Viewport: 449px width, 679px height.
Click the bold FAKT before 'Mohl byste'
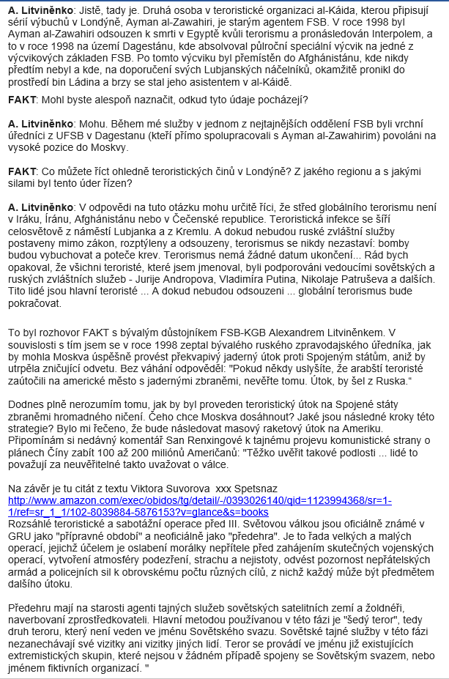(23, 99)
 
